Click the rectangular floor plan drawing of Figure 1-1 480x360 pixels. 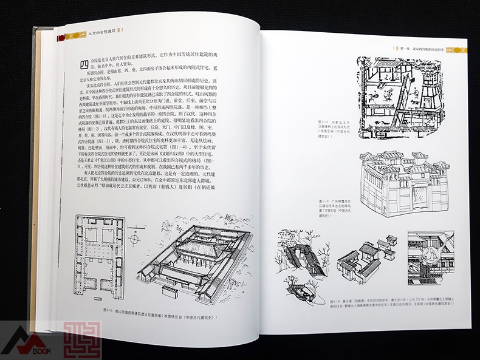pos(103,256)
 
